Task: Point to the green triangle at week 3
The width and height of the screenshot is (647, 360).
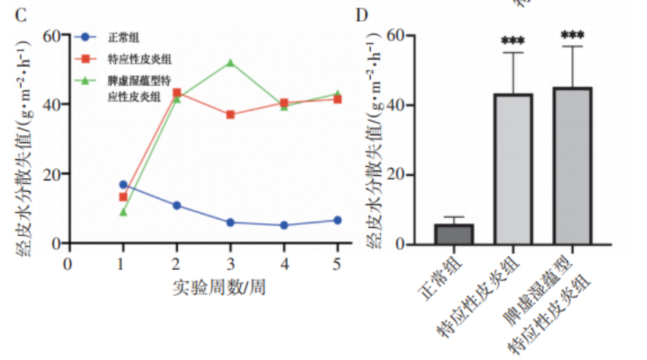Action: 230,63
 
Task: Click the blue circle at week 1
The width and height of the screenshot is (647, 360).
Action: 123,184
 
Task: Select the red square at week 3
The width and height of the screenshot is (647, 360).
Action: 230,114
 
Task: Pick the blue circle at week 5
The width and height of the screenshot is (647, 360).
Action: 337,220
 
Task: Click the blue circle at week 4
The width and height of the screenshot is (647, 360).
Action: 284,225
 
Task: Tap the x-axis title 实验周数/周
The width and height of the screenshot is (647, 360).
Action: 219,286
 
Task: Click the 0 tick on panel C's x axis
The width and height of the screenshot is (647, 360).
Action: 68,263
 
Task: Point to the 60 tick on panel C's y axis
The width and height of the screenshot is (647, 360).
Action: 52,35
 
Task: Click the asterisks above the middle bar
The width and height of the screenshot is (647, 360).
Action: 514,37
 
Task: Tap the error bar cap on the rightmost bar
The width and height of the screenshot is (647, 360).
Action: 573,47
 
